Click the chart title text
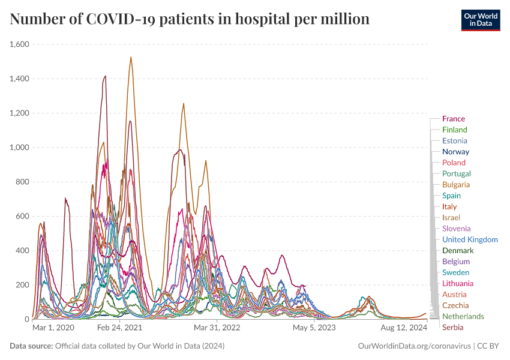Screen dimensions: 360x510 (190, 19)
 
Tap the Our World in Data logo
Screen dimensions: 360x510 (480, 19)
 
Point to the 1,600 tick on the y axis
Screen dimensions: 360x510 (22, 44)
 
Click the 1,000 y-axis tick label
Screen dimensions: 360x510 (22, 148)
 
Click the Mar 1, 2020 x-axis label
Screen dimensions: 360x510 (53, 328)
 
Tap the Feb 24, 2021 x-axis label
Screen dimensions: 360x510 (120, 328)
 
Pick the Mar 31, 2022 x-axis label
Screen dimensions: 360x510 (218, 328)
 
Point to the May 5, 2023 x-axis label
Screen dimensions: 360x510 (314, 328)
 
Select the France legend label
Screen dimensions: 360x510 (454, 119)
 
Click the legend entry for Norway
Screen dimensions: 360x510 (455, 152)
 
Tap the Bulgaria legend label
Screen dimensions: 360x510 (456, 185)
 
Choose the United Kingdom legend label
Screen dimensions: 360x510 (470, 239)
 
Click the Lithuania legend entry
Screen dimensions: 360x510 (458, 283)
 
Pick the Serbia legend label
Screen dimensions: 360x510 (453, 327)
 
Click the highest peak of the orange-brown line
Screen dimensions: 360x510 (131, 58)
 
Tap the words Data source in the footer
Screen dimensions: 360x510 (31, 346)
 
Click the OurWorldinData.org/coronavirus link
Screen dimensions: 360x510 (414, 346)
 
